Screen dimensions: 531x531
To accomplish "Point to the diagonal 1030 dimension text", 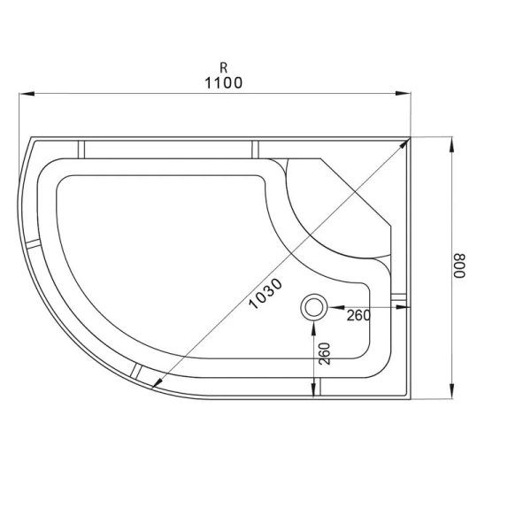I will click(x=265, y=293).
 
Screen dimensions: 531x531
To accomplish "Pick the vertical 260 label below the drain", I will click(x=325, y=352).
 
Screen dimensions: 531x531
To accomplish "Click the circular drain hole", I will click(x=314, y=307).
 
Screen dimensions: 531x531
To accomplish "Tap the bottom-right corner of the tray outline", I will click(x=412, y=397).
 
